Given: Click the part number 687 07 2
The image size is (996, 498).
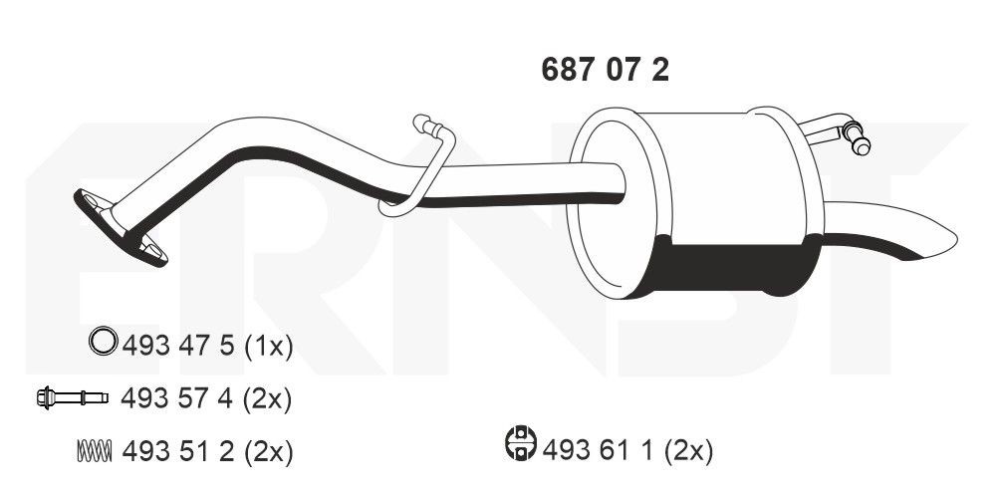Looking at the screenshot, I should [605, 70].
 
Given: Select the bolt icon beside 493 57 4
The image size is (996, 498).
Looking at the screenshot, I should [73, 398].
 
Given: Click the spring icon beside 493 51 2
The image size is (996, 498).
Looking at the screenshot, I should [94, 451].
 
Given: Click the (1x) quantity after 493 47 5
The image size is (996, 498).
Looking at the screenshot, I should [267, 346].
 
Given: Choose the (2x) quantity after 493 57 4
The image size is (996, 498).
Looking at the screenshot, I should [267, 398].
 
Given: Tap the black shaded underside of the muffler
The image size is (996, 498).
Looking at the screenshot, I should [737, 267].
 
